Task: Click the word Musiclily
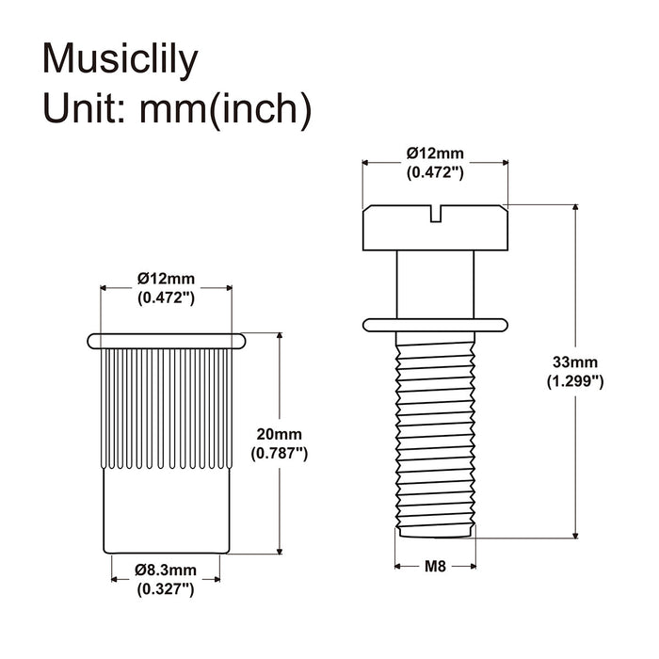pos(121,59)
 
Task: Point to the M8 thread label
pos(434,566)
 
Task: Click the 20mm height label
pos(279,434)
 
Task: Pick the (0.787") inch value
pos(279,453)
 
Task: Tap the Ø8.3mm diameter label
pos(166,570)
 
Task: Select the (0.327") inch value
pos(166,589)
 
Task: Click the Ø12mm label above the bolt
pos(434,153)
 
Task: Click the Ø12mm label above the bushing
pos(166,278)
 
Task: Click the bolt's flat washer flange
pos(434,325)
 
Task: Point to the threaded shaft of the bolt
pos(434,433)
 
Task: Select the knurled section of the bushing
pos(166,405)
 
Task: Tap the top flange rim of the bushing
pos(166,338)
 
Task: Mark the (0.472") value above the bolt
pos(434,172)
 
